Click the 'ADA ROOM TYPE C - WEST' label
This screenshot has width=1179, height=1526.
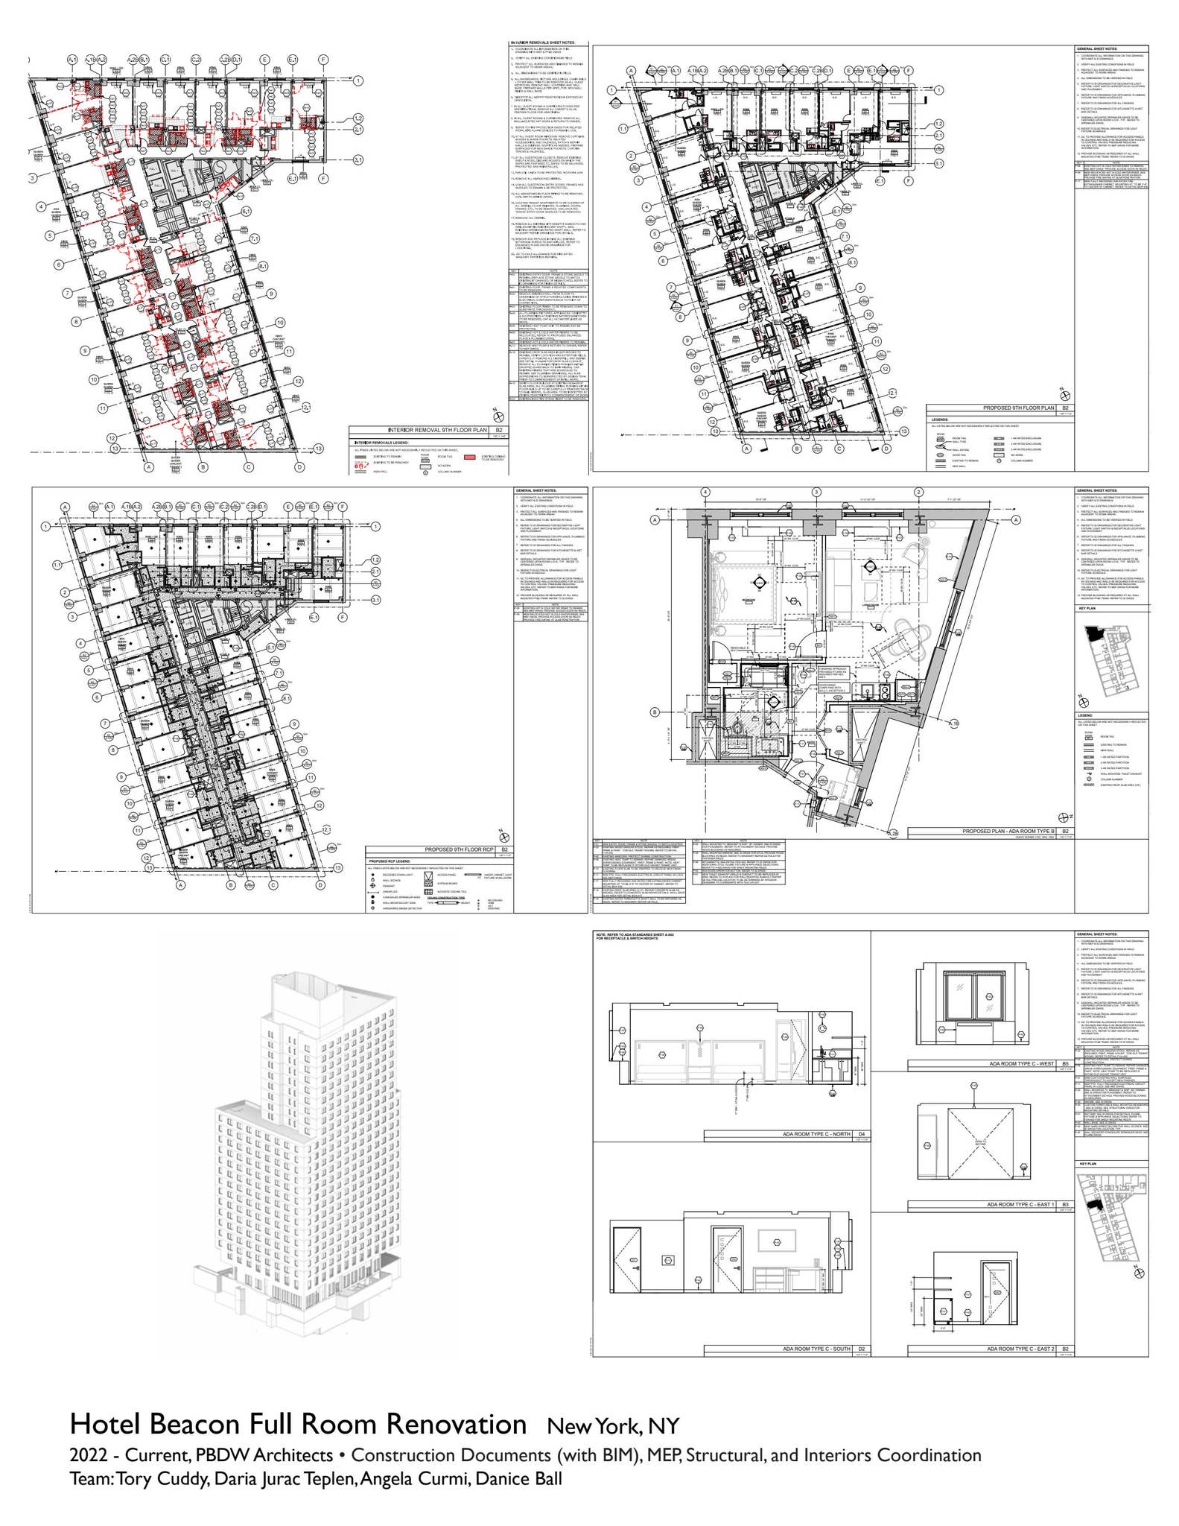pos(1022,1063)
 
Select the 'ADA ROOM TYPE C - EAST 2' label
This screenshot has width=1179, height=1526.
pos(1020,1349)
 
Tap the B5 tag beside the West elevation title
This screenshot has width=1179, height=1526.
pos(1066,1063)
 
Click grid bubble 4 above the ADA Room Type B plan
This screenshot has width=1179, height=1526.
pos(705,492)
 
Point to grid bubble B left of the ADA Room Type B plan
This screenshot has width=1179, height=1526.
pos(655,712)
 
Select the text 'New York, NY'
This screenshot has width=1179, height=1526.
pos(613,1425)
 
